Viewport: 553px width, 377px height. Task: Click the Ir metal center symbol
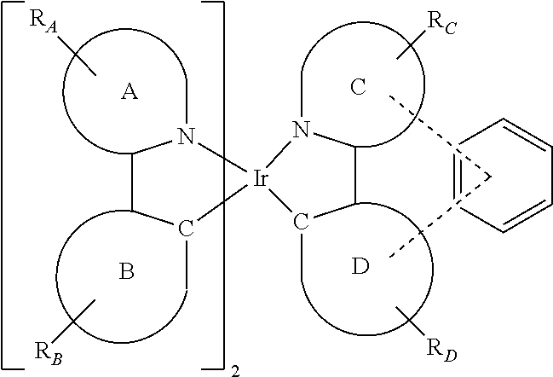(x=260, y=178)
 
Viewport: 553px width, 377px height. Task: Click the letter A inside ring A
(x=130, y=92)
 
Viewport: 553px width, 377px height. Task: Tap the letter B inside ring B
(x=127, y=272)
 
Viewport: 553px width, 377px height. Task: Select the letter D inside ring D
(x=360, y=266)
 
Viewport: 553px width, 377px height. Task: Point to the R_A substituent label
(x=43, y=21)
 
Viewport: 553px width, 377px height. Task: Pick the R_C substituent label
(x=442, y=23)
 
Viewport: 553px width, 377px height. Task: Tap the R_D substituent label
(x=442, y=351)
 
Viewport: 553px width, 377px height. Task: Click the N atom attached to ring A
(x=187, y=136)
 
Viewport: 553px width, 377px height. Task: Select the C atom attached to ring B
(x=186, y=229)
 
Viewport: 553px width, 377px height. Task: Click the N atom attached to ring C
(x=301, y=130)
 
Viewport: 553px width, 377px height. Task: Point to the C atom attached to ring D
(x=301, y=223)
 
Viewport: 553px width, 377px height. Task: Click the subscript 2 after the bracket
(x=235, y=372)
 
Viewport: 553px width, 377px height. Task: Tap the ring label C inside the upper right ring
(x=359, y=87)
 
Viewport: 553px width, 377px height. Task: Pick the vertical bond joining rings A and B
(x=132, y=183)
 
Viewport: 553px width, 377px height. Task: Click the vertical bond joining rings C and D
(x=355, y=176)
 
